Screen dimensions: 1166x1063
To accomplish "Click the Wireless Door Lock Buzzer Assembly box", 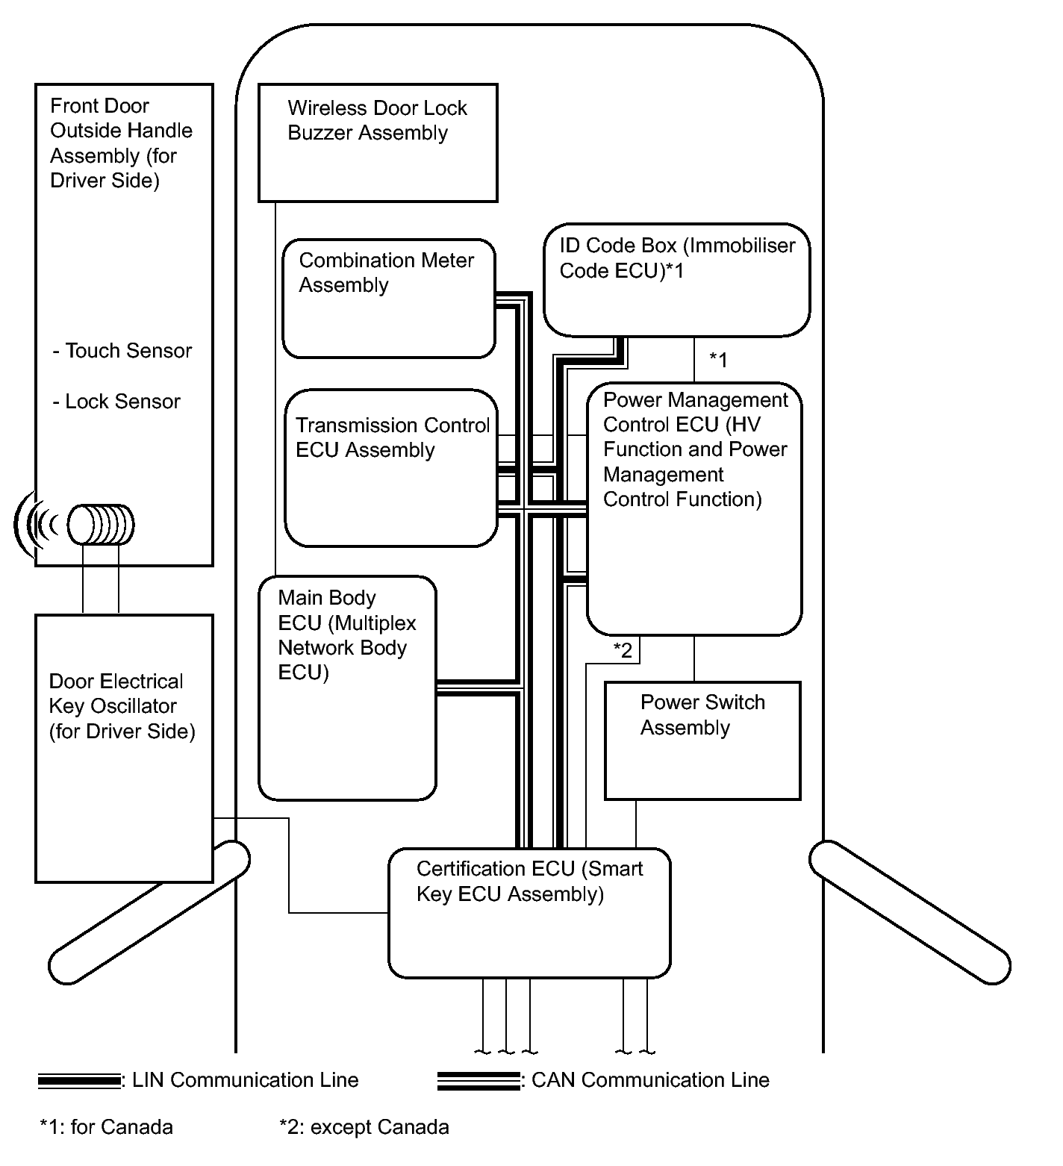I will pyautogui.click(x=377, y=143).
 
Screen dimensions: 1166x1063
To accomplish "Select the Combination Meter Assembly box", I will pyautogui.click(x=388, y=299).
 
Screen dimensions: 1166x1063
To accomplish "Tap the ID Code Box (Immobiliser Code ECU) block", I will pyautogui.click(x=676, y=279).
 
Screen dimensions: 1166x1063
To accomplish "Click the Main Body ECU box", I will pyautogui.click(x=347, y=688).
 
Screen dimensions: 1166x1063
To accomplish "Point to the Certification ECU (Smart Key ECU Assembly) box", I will pyautogui.click(x=529, y=912).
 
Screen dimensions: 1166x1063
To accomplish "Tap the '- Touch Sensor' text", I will pyautogui.click(x=122, y=351).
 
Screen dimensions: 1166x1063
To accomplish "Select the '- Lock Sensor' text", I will pyautogui.click(x=116, y=402).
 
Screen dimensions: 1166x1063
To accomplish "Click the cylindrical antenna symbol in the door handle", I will pyautogui.click(x=101, y=525).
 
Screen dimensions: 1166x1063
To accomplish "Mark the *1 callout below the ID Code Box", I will pyautogui.click(x=718, y=360).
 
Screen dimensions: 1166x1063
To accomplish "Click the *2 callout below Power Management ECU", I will pyautogui.click(x=623, y=650).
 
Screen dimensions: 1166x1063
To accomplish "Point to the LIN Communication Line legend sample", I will pyautogui.click(x=79, y=1080).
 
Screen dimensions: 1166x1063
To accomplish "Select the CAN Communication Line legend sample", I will pyautogui.click(x=478, y=1080).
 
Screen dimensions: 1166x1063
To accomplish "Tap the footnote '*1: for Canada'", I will pyautogui.click(x=106, y=1126).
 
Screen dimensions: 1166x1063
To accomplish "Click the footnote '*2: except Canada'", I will pyautogui.click(x=364, y=1126).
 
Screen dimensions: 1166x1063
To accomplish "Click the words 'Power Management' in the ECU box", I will pyautogui.click(x=695, y=400).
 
